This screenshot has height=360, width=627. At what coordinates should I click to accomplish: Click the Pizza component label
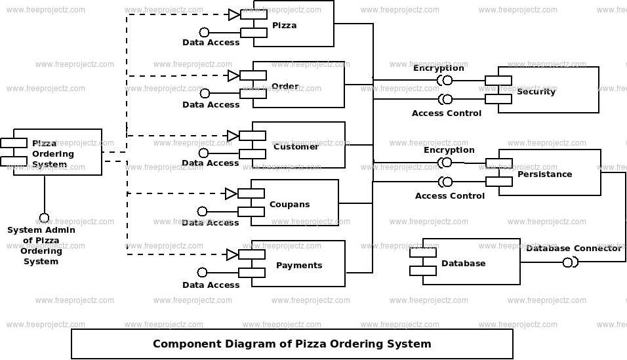[284, 26]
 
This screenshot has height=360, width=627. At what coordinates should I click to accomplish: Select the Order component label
[285, 87]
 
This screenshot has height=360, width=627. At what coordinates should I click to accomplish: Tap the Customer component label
[296, 147]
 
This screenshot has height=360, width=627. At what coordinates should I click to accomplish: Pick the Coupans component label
[289, 205]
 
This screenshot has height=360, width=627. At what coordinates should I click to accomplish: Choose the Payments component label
[298, 266]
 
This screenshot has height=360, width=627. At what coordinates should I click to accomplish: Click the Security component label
[536, 92]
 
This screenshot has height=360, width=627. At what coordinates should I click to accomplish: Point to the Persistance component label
[544, 174]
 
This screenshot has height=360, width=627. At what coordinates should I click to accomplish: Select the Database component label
[463, 264]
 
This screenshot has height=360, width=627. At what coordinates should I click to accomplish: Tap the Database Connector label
[573, 249]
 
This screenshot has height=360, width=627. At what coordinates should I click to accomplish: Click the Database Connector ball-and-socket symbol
[569, 263]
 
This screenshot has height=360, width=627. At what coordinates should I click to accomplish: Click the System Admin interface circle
[44, 218]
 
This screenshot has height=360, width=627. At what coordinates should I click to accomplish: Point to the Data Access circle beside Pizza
[204, 32]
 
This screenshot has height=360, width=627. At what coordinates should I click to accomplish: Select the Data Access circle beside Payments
[203, 273]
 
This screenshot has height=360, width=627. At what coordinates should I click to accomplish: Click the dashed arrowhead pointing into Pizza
[234, 14]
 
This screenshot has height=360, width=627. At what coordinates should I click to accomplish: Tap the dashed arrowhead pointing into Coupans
[231, 193]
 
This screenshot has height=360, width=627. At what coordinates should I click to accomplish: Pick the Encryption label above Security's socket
[438, 68]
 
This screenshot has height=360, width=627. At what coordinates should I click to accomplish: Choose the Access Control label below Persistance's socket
[450, 196]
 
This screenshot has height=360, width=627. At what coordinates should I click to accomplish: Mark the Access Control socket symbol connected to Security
[445, 100]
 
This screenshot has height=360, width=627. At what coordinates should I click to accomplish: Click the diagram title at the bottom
[292, 344]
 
